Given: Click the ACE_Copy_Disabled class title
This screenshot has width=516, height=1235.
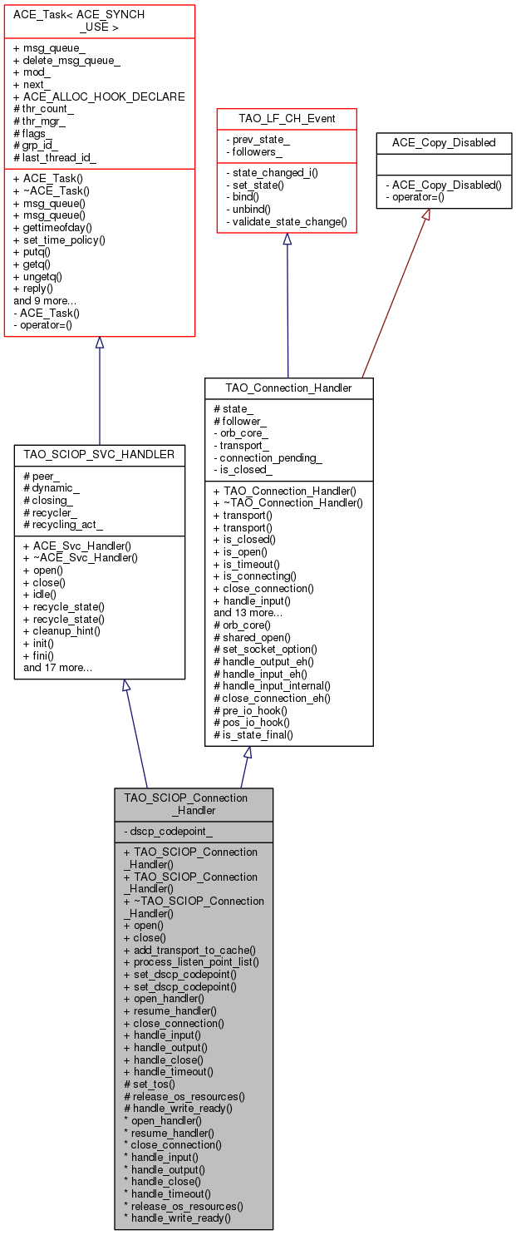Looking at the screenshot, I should (x=444, y=142).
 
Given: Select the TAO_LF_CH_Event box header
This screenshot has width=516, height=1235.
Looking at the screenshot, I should (x=287, y=119).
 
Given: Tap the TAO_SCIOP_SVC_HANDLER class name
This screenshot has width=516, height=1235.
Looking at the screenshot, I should (x=100, y=454).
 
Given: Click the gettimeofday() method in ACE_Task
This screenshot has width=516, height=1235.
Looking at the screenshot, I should (x=57, y=227).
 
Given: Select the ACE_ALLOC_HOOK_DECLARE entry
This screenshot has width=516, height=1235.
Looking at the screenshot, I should (x=99, y=96).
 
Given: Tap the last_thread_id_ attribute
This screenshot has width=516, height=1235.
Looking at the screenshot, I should (x=56, y=157).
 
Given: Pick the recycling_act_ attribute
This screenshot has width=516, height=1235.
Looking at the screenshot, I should (x=63, y=524).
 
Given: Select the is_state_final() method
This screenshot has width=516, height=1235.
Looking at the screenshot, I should (x=253, y=734).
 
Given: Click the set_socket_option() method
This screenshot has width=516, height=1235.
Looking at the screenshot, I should (x=265, y=649).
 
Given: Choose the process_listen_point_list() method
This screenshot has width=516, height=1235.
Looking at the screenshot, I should (x=191, y=961).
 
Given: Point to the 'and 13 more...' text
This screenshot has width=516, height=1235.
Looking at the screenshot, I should (x=248, y=612).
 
